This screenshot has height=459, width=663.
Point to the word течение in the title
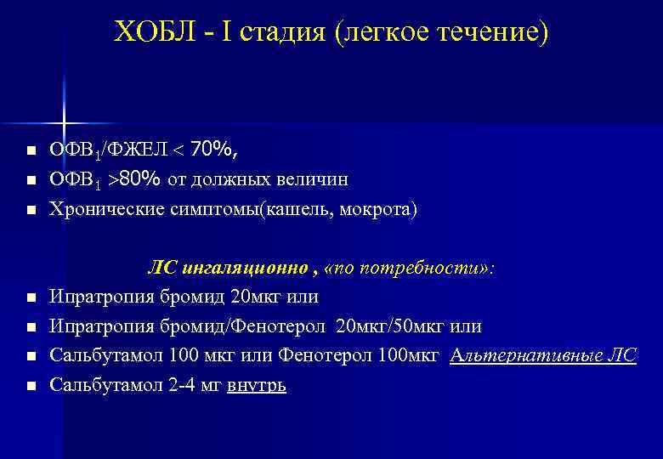[490, 33]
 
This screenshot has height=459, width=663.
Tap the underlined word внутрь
[258, 385]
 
